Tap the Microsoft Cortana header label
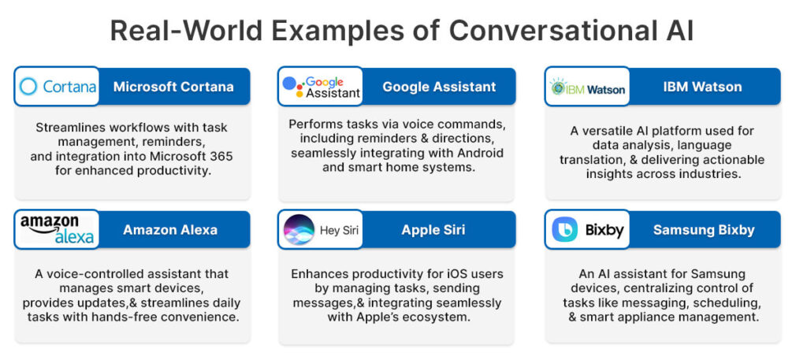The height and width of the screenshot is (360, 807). click(173, 87)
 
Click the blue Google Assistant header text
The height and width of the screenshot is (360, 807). click(439, 87)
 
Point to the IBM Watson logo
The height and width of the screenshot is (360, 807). click(588, 87)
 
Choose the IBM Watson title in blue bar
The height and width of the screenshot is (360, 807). click(702, 87)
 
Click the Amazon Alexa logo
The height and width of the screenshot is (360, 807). click(57, 229)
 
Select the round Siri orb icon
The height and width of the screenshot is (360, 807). click(298, 230)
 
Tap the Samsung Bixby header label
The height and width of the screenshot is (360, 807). click(703, 230)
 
